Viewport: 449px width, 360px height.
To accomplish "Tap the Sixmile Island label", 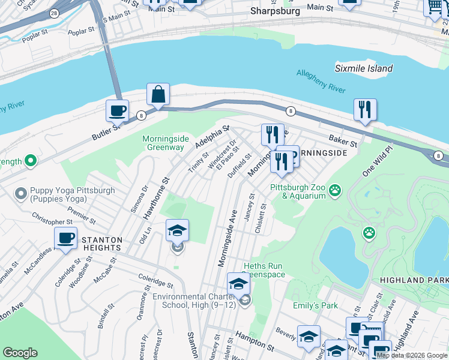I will tap(364, 68).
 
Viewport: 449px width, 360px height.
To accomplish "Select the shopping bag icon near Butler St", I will tap(158, 94).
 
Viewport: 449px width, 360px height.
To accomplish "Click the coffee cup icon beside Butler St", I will tap(117, 111).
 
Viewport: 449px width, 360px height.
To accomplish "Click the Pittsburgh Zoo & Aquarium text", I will tap(298, 191).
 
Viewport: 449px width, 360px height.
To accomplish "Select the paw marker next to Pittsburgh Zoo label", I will tap(335, 191).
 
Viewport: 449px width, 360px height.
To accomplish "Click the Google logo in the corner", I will tap(20, 353).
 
